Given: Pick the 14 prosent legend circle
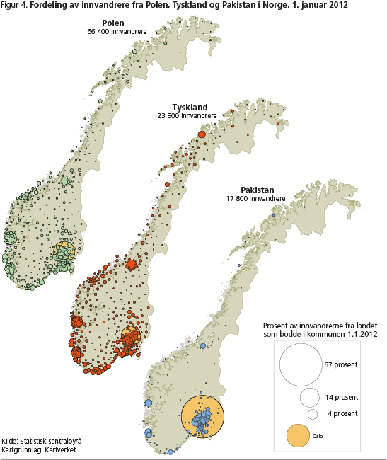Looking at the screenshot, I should click(x=310, y=397).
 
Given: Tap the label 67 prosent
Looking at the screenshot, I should click(x=342, y=365).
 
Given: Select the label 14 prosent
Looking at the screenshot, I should click(x=342, y=397).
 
